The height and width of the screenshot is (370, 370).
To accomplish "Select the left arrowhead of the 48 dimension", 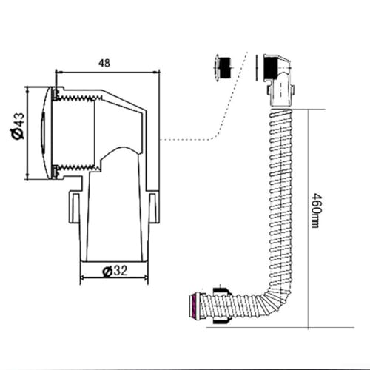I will (x=59, y=73).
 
